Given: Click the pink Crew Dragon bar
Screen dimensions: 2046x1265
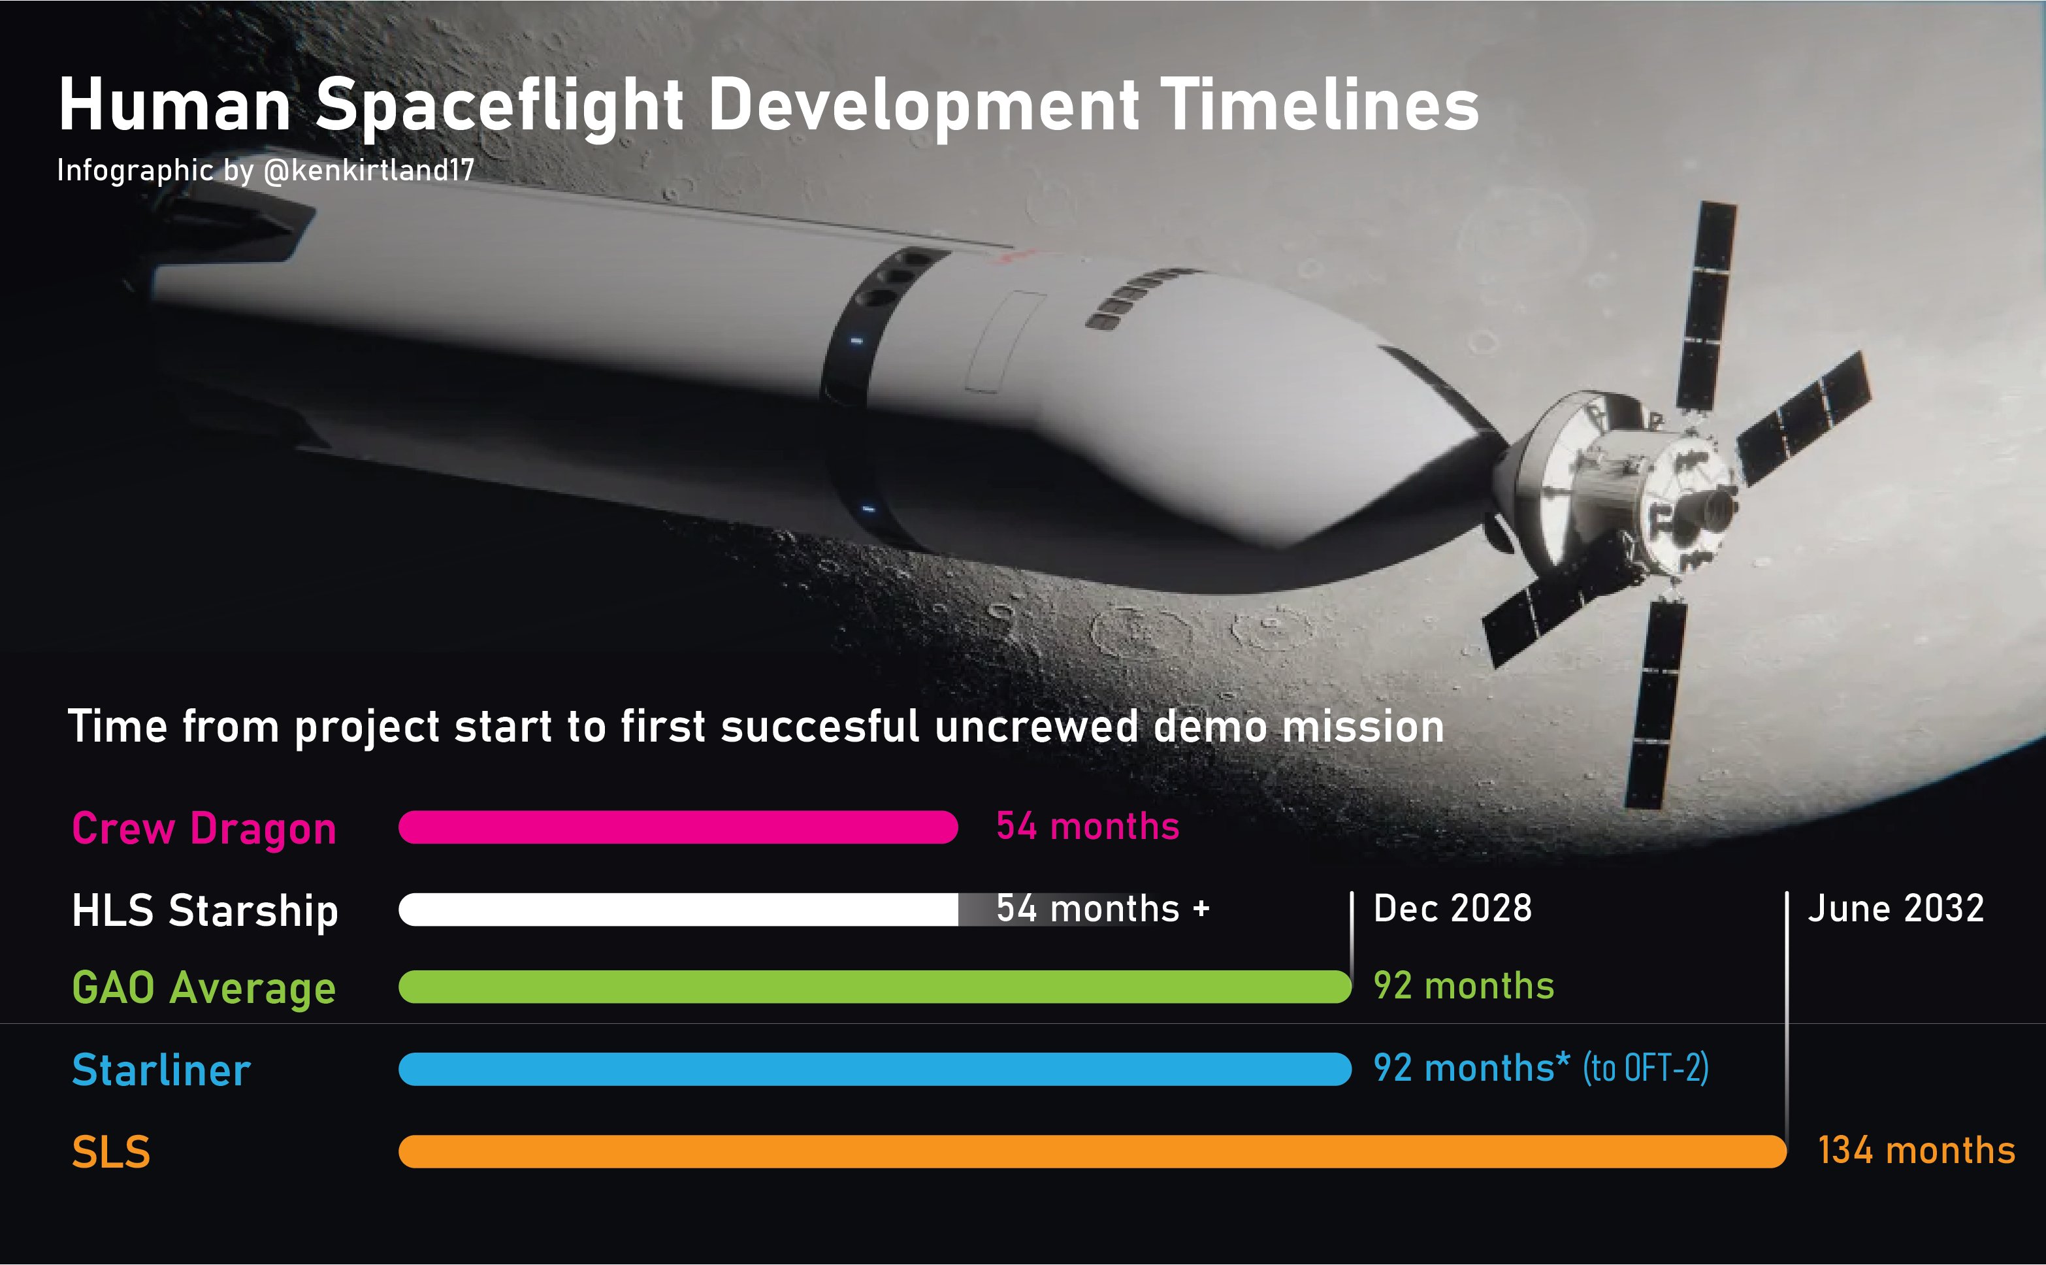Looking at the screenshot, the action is point(678,827).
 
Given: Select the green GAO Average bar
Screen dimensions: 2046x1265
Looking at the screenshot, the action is point(875,987).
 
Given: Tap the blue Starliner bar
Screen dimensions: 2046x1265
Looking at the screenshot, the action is point(875,1069).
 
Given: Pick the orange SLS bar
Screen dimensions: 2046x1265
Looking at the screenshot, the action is point(1092,1151).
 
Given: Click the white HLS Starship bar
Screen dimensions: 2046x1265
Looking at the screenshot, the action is point(678,910).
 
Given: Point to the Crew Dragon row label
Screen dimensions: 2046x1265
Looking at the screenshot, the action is point(204,829).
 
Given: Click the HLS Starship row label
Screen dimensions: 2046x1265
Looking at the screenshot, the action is point(205,911).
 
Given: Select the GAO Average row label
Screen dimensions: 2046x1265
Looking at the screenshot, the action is point(204,988).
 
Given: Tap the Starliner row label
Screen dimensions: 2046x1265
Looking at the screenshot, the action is point(161,1070).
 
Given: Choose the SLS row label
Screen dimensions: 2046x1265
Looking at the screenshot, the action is point(111,1152).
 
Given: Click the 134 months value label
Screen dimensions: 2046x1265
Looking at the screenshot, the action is point(1917,1151).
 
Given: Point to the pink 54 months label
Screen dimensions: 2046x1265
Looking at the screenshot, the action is point(1088,827).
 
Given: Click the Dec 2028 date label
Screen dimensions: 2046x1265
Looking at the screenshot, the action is point(1453,909).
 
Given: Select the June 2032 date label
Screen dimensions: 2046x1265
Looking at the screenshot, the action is point(1896,909).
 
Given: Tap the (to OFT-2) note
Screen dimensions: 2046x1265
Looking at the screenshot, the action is point(1646,1068).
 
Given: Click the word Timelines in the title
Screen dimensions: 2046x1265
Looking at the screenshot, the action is point(1321,107).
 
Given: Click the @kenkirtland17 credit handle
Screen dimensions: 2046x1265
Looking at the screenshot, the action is point(369,171).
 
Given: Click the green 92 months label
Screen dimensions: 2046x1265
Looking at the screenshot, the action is point(1464,987).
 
